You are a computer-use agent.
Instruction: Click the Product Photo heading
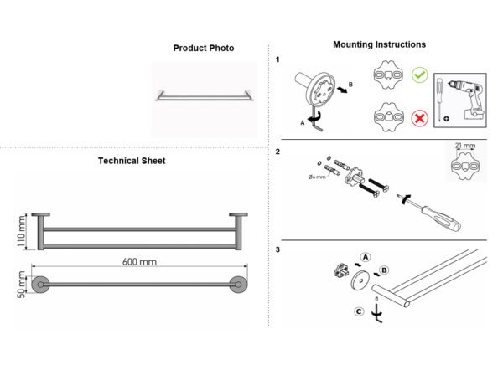(x=204, y=48)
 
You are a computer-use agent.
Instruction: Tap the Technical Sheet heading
(x=132, y=161)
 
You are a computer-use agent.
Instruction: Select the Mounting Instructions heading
(x=379, y=44)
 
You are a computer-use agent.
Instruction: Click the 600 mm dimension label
(x=139, y=262)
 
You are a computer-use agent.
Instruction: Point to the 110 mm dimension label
(x=21, y=231)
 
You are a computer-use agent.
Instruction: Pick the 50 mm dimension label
(x=21, y=285)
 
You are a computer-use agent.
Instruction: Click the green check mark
(x=420, y=75)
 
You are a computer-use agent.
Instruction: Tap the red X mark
(x=420, y=118)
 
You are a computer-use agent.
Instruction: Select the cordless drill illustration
(x=468, y=98)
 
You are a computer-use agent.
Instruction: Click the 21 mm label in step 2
(x=464, y=146)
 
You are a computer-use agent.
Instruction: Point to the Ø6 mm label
(x=317, y=177)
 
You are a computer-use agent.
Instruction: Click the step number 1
(x=277, y=59)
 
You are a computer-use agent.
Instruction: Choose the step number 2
(x=277, y=152)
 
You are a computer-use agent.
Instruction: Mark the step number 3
(x=277, y=249)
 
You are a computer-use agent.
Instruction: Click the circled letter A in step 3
(x=366, y=257)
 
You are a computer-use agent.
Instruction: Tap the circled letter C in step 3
(x=359, y=311)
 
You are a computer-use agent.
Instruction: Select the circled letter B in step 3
(x=384, y=270)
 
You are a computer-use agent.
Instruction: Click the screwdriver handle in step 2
(x=441, y=218)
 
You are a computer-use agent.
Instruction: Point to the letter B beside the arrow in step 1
(x=350, y=85)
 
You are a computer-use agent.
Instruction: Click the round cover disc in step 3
(x=361, y=280)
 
